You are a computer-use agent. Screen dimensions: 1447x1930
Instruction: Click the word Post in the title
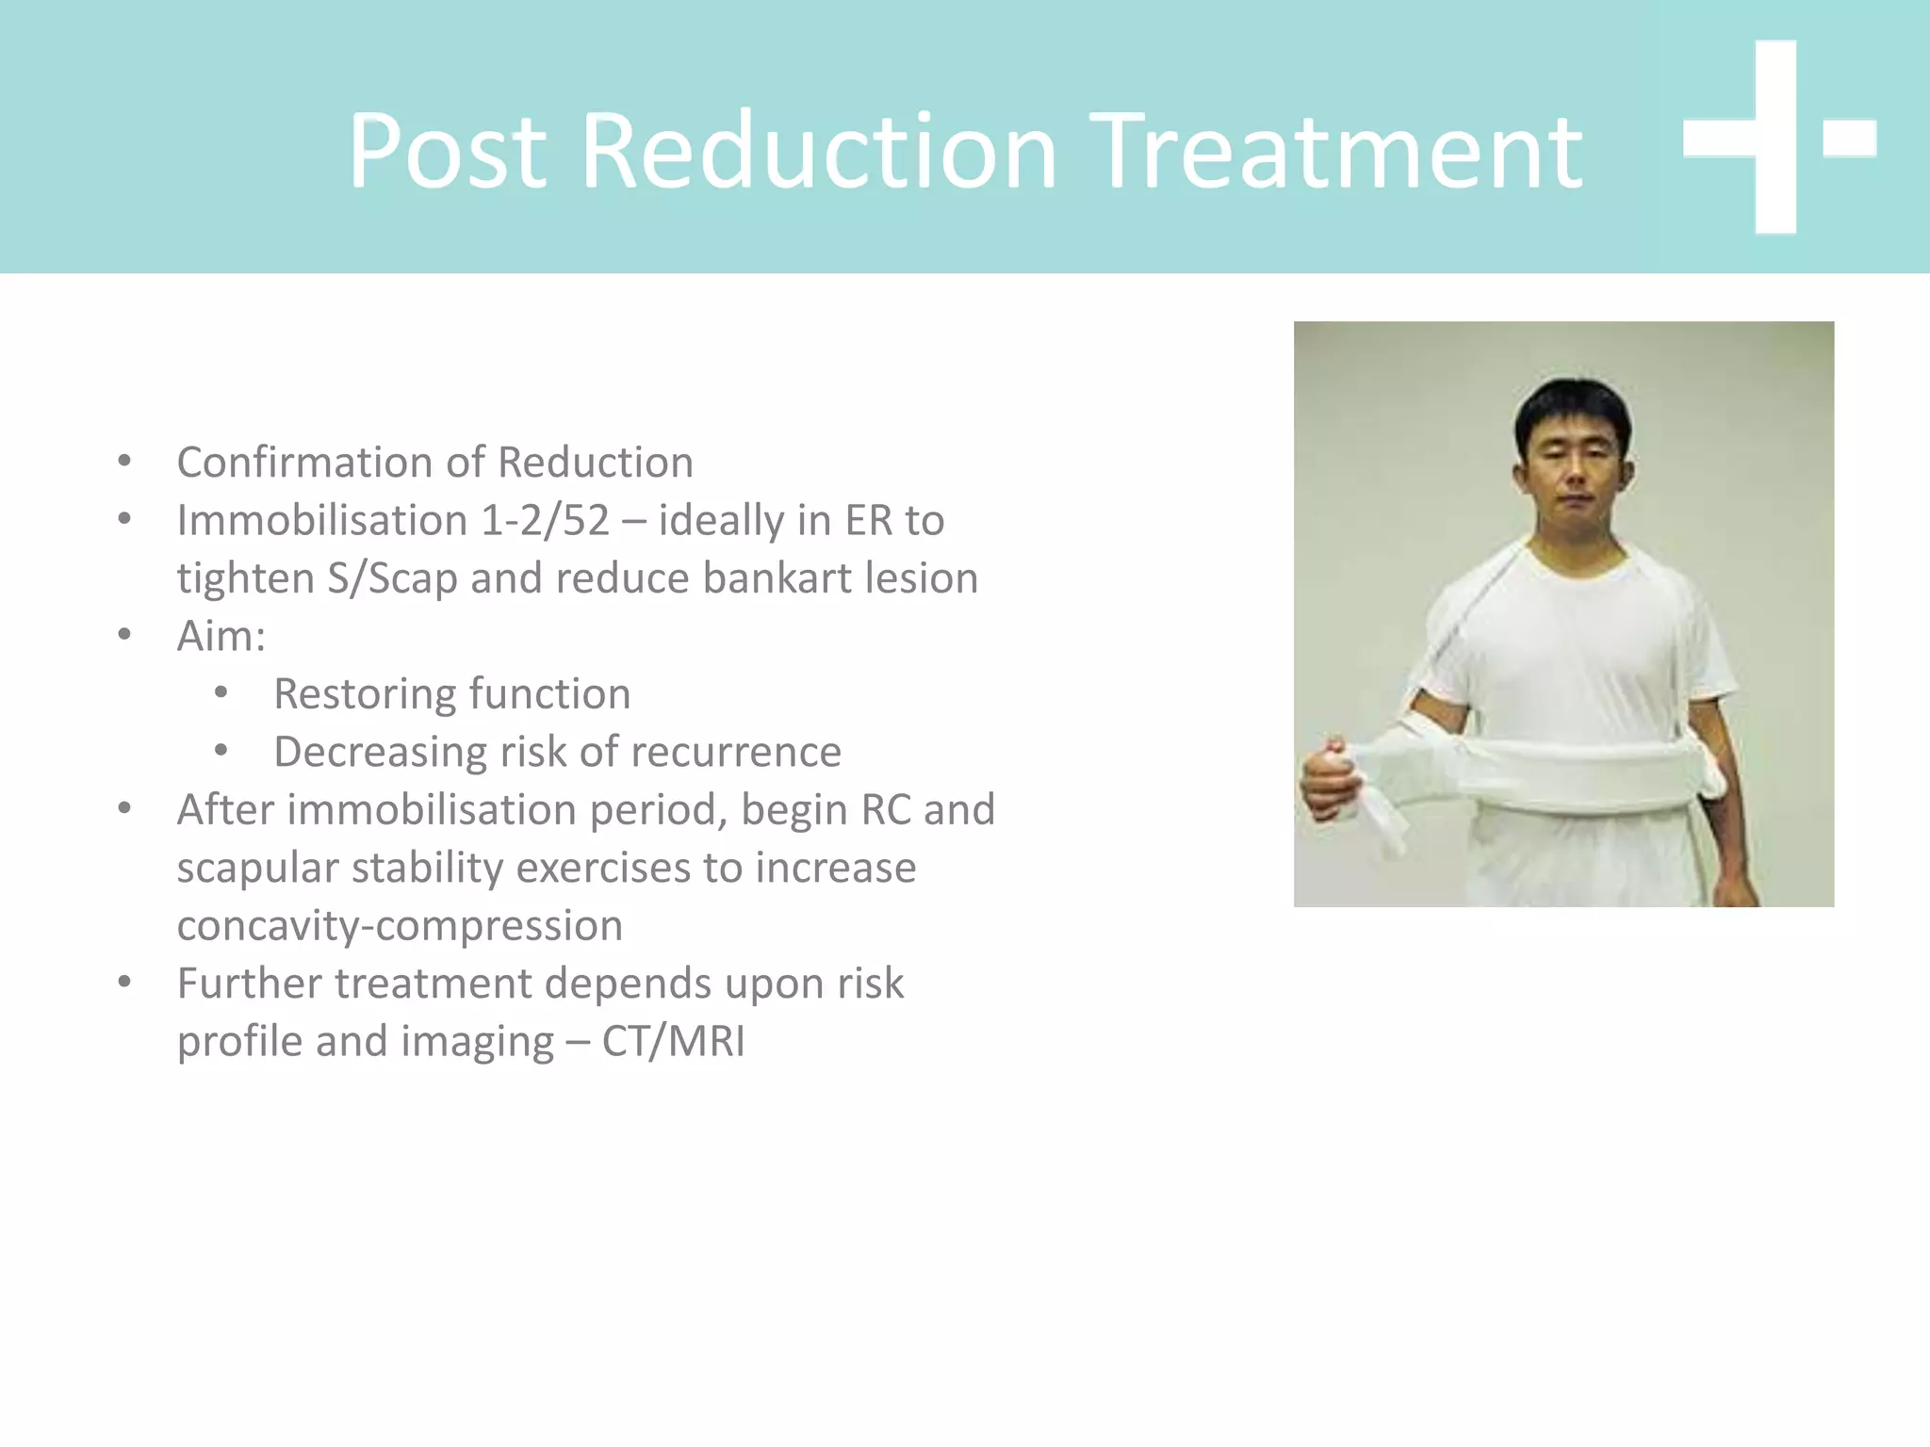[447, 151]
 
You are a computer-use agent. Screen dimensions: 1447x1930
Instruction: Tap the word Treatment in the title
[1338, 151]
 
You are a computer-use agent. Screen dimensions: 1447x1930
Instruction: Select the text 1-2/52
[545, 521]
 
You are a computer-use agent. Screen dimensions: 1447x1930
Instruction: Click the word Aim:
[221, 636]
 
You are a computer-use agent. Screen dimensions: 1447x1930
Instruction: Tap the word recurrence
[735, 752]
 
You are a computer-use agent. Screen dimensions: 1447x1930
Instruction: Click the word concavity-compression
[400, 926]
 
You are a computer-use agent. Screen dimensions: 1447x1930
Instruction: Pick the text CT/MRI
[673, 1042]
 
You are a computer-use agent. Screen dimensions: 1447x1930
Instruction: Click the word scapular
[256, 868]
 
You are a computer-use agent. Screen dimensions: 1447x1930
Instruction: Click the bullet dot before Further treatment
[124, 983]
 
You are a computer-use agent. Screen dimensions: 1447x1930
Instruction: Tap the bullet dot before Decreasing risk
[221, 751]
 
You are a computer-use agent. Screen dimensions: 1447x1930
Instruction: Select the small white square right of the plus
[1849, 138]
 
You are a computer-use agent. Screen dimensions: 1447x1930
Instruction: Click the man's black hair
[1572, 405]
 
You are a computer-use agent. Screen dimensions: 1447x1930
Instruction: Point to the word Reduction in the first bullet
[596, 463]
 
